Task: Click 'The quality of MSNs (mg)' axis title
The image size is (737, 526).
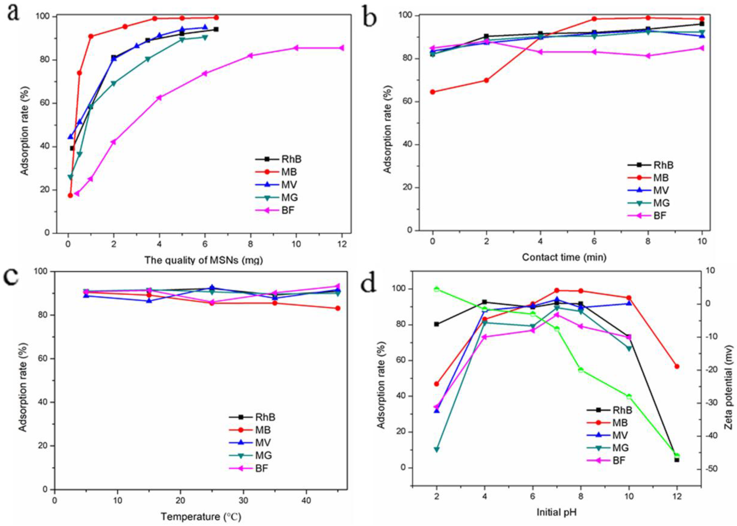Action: coord(203,260)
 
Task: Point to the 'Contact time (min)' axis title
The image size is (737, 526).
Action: coord(564,257)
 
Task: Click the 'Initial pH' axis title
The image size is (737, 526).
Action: coord(556,512)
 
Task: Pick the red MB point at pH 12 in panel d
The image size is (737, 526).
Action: coord(677,366)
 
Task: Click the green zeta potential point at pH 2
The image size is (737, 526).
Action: coord(437,289)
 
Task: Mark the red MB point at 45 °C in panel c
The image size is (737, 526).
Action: coord(338,308)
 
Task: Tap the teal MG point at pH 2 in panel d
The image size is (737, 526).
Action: coord(437,450)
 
